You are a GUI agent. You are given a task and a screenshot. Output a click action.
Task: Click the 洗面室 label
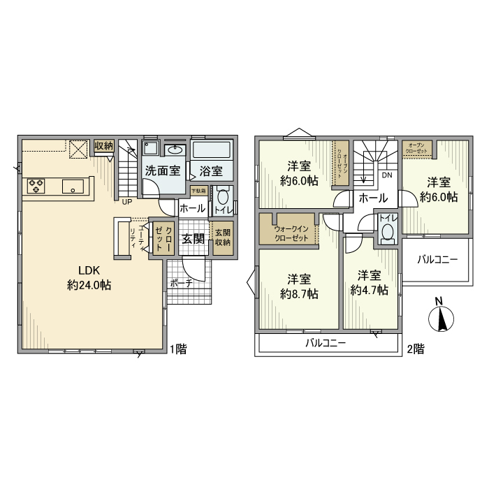[x=162, y=170]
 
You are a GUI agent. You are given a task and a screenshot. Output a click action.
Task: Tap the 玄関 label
[x=194, y=238]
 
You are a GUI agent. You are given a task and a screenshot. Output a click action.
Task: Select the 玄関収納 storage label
[x=222, y=237]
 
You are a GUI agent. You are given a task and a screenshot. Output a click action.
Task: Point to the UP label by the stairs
[x=127, y=203]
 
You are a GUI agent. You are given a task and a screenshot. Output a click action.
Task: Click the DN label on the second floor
[x=386, y=175]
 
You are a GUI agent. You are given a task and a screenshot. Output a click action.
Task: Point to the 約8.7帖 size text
[x=300, y=294]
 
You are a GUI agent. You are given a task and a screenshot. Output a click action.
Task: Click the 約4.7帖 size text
[x=369, y=291]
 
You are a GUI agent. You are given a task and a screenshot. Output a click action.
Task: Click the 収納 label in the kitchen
[x=103, y=145]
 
